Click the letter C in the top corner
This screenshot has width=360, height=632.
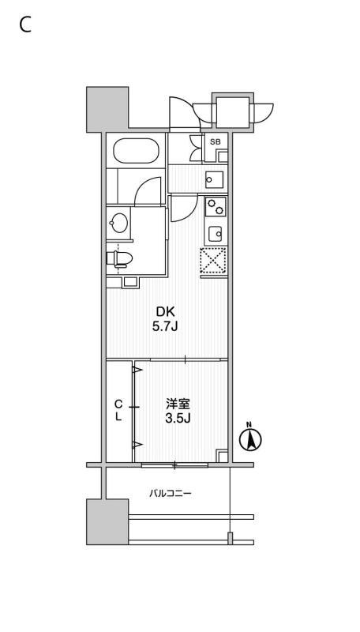click(x=25, y=26)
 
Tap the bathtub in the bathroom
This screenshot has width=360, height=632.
click(x=136, y=151)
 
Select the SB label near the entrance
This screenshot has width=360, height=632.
click(x=215, y=141)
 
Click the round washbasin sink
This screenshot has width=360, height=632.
click(x=119, y=223)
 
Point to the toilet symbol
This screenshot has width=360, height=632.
click(x=120, y=259)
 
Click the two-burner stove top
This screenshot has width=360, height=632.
click(x=216, y=207)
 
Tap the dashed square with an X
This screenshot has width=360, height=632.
click(x=212, y=261)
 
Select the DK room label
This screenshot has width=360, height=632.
click(x=165, y=311)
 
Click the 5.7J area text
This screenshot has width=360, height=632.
click(x=165, y=326)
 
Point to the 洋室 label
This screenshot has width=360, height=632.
click(x=178, y=404)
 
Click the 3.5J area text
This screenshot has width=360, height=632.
click(x=178, y=419)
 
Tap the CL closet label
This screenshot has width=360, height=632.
click(x=118, y=410)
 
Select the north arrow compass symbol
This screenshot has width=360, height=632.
click(x=250, y=438)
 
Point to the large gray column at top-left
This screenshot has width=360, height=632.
click(x=107, y=109)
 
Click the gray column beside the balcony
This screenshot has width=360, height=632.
click(x=107, y=522)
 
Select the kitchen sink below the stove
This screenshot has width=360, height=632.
click(x=216, y=232)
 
